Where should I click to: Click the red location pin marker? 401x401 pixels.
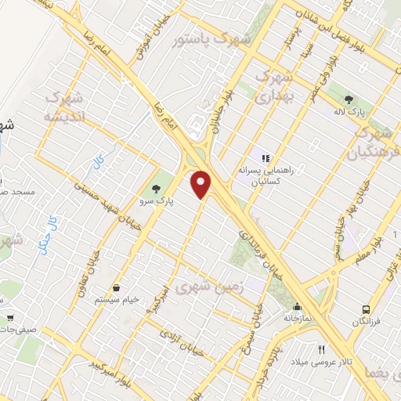coord(202,183)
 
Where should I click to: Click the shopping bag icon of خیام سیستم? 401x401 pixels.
coord(116,288)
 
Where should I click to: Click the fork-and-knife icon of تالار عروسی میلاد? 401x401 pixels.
coord(321,349)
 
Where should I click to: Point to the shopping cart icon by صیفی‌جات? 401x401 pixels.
coord(9,319)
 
